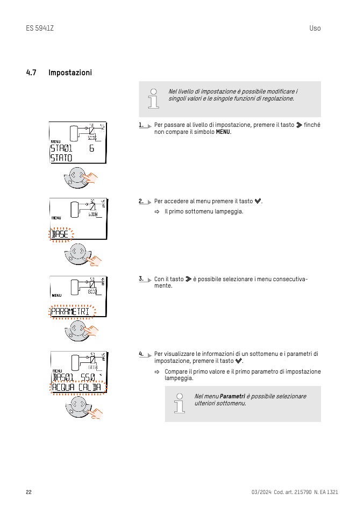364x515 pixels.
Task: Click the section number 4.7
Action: tap(31, 73)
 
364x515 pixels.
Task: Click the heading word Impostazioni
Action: tap(70, 73)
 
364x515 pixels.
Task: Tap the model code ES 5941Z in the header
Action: tap(40, 28)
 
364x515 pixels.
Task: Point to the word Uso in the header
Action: tap(315, 28)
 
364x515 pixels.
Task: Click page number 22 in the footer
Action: tap(28, 492)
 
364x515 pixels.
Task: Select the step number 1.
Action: tap(141, 125)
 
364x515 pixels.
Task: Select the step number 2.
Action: tap(141, 201)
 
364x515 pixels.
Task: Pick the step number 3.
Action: tap(141, 278)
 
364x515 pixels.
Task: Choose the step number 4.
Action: tap(141, 354)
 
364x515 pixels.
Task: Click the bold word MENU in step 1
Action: tap(223, 132)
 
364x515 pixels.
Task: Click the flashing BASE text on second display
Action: tap(60, 234)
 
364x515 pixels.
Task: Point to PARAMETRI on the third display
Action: tap(70, 311)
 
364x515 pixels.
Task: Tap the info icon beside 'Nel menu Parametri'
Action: tap(179, 403)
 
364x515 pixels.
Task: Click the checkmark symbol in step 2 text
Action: tap(258, 202)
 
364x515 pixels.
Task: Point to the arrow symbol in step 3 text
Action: tap(188, 279)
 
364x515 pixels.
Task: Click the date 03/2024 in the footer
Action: tap(261, 492)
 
